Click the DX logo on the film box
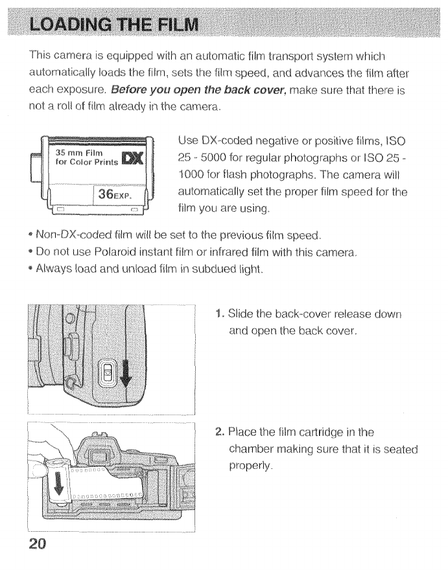click(x=139, y=157)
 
